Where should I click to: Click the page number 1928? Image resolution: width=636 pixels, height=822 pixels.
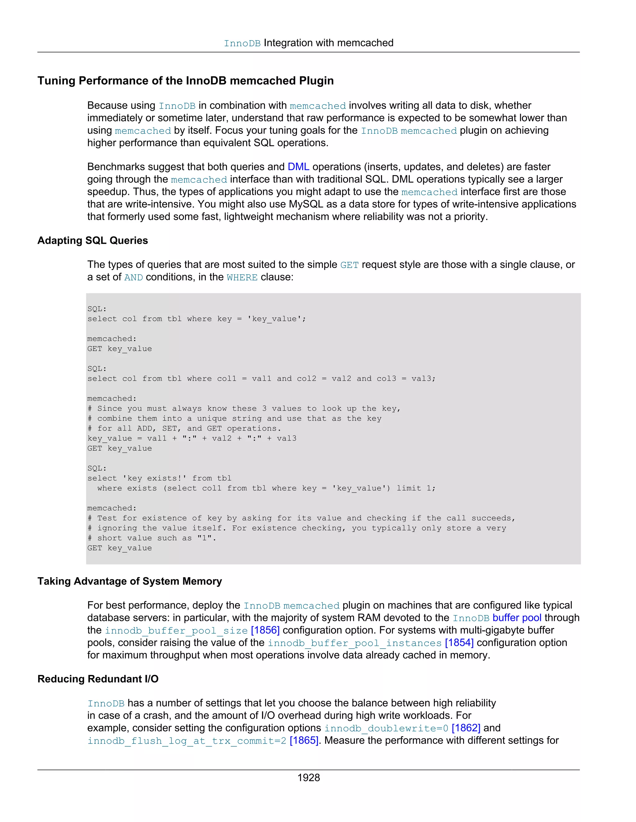[x=309, y=778]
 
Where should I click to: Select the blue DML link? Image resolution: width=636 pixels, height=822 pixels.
[x=298, y=167]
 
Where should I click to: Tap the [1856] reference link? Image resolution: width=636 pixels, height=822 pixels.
[x=265, y=630]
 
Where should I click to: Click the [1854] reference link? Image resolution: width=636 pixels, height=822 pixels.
[x=459, y=643]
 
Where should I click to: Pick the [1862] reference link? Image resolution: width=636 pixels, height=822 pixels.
[x=466, y=728]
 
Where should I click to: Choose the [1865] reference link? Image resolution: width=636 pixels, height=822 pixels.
[x=304, y=740]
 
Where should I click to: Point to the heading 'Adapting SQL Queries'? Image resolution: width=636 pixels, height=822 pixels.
[x=93, y=240]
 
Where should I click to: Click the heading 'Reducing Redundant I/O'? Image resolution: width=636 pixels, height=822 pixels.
[x=98, y=679]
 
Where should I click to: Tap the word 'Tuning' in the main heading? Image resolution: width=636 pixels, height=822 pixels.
[x=56, y=81]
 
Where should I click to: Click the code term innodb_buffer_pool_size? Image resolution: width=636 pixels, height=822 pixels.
[x=176, y=631]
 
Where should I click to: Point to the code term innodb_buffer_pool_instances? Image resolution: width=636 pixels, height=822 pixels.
[x=355, y=643]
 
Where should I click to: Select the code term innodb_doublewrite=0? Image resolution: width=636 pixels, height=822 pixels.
[x=386, y=728]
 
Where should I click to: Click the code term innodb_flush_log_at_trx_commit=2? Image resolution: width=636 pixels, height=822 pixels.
[x=187, y=741]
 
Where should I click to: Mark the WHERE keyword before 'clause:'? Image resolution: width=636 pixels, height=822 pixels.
[x=242, y=277]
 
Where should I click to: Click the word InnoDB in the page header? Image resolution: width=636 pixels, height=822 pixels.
[x=242, y=44]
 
